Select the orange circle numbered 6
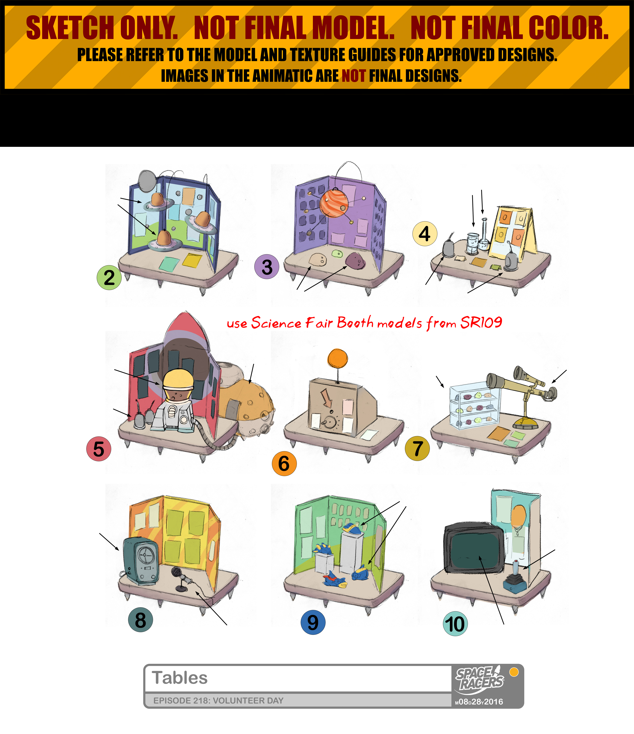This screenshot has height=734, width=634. pos(284,463)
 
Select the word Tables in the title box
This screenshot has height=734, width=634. pos(180,678)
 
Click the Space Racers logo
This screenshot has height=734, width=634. pos(480,678)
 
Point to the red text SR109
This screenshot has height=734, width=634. pos(481,322)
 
